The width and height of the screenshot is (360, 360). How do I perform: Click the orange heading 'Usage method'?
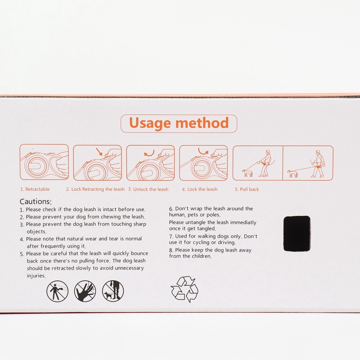pyautogui.click(x=179, y=123)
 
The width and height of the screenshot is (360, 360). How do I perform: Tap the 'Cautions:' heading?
pyautogui.click(x=35, y=202)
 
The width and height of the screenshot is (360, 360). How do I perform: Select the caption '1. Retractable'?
pyautogui.click(x=35, y=189)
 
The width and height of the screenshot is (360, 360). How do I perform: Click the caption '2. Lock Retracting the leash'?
pyautogui.click(x=95, y=189)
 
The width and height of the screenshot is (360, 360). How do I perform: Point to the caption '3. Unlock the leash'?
pyautogui.click(x=148, y=189)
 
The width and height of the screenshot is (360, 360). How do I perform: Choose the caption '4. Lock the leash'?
pyautogui.click(x=200, y=189)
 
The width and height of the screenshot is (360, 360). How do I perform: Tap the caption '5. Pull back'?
pyautogui.click(x=247, y=189)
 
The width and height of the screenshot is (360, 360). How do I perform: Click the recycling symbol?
pyautogui.click(x=185, y=289)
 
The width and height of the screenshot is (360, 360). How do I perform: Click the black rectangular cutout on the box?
pyautogui.click(x=297, y=233)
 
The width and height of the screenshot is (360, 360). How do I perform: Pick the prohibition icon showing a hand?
pyautogui.click(x=85, y=291)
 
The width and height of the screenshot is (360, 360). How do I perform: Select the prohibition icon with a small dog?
pyautogui.click(x=113, y=291)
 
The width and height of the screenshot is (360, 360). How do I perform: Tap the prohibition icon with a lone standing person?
pyautogui.click(x=58, y=291)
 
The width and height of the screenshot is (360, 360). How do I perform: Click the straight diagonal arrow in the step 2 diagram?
pyautogui.click(x=99, y=152)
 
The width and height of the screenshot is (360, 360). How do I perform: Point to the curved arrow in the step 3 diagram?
pyautogui.click(x=150, y=153)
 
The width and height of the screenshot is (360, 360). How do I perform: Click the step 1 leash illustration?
pyautogui.click(x=44, y=162)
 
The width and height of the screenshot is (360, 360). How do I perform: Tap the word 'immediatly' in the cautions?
pyautogui.click(x=243, y=223)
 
